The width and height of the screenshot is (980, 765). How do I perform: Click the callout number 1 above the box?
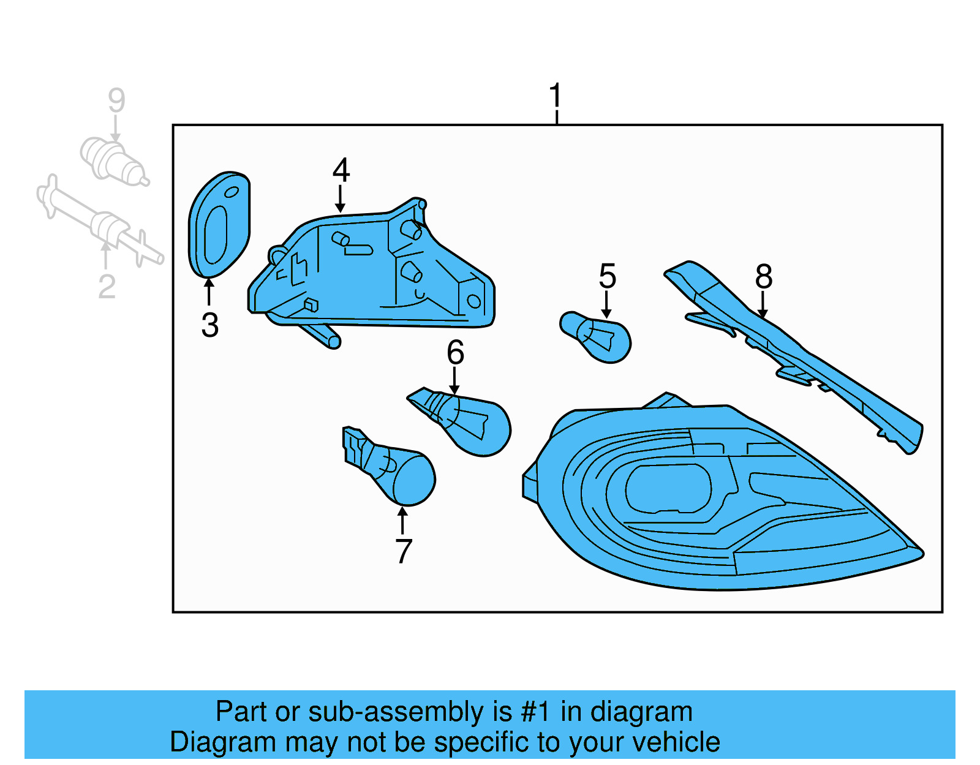point(555,97)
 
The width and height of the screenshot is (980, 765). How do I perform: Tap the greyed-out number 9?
point(116,100)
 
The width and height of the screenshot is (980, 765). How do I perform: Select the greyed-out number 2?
point(107,286)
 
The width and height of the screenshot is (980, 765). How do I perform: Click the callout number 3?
point(209,325)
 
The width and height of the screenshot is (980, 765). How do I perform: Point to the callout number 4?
point(341,170)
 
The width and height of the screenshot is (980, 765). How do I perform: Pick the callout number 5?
point(607,276)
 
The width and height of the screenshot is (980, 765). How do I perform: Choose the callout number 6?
point(455,352)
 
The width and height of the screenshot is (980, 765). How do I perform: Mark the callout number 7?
point(403,551)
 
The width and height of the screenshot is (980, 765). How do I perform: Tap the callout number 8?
point(763,276)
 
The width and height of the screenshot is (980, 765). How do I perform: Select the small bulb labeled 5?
point(597,336)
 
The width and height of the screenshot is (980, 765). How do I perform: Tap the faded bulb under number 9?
point(113,161)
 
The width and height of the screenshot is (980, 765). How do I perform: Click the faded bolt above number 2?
point(98,220)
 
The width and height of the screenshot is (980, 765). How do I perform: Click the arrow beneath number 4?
point(340,199)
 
